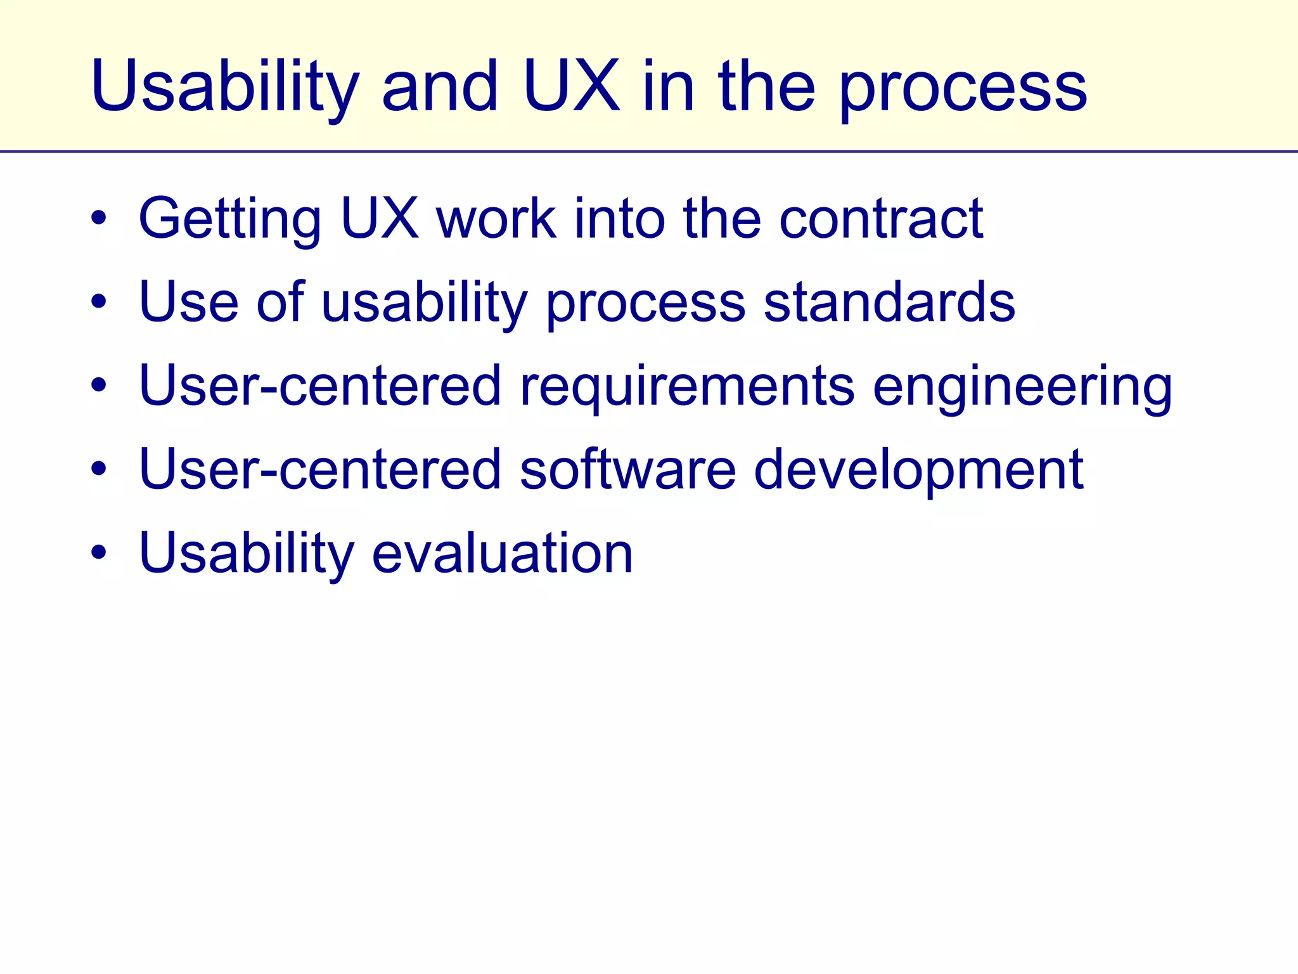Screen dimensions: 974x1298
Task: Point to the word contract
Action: tap(881, 219)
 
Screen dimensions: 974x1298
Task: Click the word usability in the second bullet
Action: tap(425, 303)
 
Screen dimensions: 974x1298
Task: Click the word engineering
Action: tap(1022, 387)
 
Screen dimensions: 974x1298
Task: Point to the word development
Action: tap(918, 471)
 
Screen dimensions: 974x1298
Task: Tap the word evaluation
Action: tap(502, 553)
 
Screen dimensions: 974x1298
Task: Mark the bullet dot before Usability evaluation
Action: tap(98, 552)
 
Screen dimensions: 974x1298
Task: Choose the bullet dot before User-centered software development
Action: tap(98, 469)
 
